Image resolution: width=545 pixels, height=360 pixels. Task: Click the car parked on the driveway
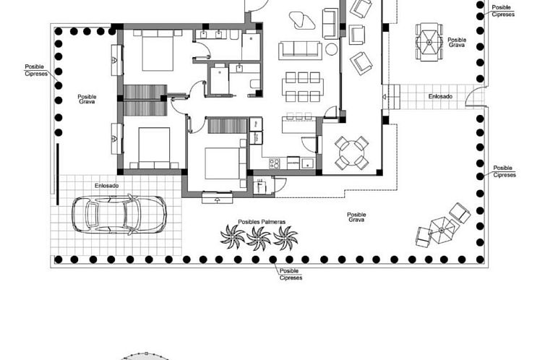coord(120,213)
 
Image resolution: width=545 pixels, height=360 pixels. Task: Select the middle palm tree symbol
coord(258,236)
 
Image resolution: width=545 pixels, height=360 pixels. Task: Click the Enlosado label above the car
coord(107,186)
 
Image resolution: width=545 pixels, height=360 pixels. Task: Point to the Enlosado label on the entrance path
coord(440,96)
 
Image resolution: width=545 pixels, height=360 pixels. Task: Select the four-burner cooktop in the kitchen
coord(275,163)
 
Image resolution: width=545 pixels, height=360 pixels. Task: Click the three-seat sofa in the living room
coord(301,49)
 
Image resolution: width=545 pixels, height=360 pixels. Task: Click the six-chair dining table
coord(302,87)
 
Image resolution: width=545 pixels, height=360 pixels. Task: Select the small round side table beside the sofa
coord(332,49)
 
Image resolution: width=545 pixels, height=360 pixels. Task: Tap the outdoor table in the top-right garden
coord(428,41)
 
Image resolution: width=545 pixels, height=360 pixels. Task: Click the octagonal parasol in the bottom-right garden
coord(443,230)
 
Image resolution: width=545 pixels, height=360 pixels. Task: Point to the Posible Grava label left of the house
coord(87,99)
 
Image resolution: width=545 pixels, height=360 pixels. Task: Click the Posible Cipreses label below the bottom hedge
coord(291,274)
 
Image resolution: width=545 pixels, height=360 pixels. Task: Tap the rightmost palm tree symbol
coord(286,236)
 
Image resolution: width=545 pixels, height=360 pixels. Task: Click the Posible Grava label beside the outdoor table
coord(457,43)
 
